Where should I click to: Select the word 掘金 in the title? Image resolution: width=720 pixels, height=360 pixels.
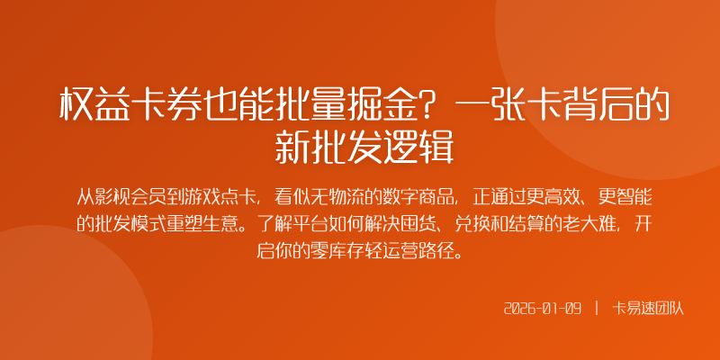[382, 106]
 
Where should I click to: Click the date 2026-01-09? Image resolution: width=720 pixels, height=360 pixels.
[544, 309]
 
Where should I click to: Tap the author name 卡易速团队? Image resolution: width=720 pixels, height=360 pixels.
[649, 309]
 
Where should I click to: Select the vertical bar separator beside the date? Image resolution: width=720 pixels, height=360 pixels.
[597, 309]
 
